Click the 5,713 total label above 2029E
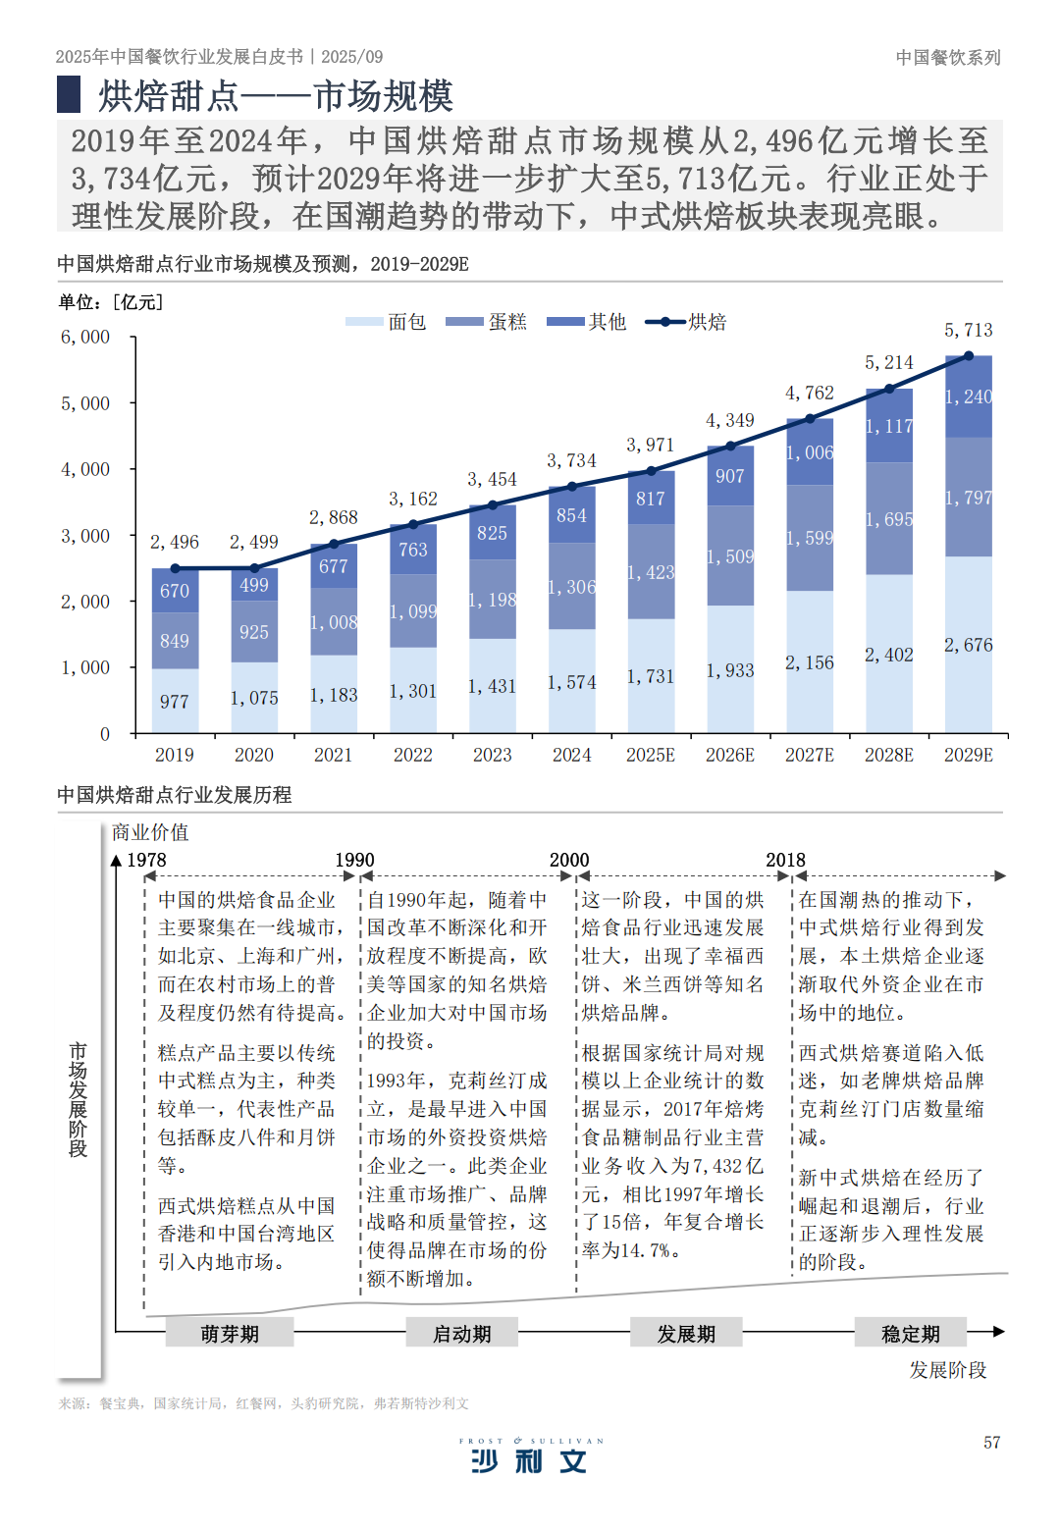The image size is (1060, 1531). [x=968, y=331]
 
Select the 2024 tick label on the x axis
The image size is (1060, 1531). [x=571, y=755]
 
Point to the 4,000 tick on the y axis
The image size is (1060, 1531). [x=85, y=469]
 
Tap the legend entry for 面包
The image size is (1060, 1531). [x=386, y=322]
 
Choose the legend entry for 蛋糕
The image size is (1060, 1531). [x=486, y=322]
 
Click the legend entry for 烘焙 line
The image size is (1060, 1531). [x=686, y=322]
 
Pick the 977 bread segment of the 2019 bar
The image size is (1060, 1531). [x=175, y=702]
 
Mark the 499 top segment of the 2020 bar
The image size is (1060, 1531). [x=254, y=585]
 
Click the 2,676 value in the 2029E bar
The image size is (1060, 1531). [x=968, y=645]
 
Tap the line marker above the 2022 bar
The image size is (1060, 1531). [x=413, y=524]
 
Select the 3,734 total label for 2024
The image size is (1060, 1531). [x=571, y=460]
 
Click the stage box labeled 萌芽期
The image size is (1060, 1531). [x=230, y=1334]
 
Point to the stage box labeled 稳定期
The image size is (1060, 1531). [x=910, y=1334]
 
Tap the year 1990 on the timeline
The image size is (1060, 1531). [x=354, y=860]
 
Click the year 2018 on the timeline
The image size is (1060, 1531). [x=785, y=860]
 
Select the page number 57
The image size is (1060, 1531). [x=991, y=1443]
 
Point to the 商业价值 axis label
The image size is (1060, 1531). [x=150, y=832]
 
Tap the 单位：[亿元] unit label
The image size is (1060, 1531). [x=110, y=302]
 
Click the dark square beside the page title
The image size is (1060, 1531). [x=69, y=94]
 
